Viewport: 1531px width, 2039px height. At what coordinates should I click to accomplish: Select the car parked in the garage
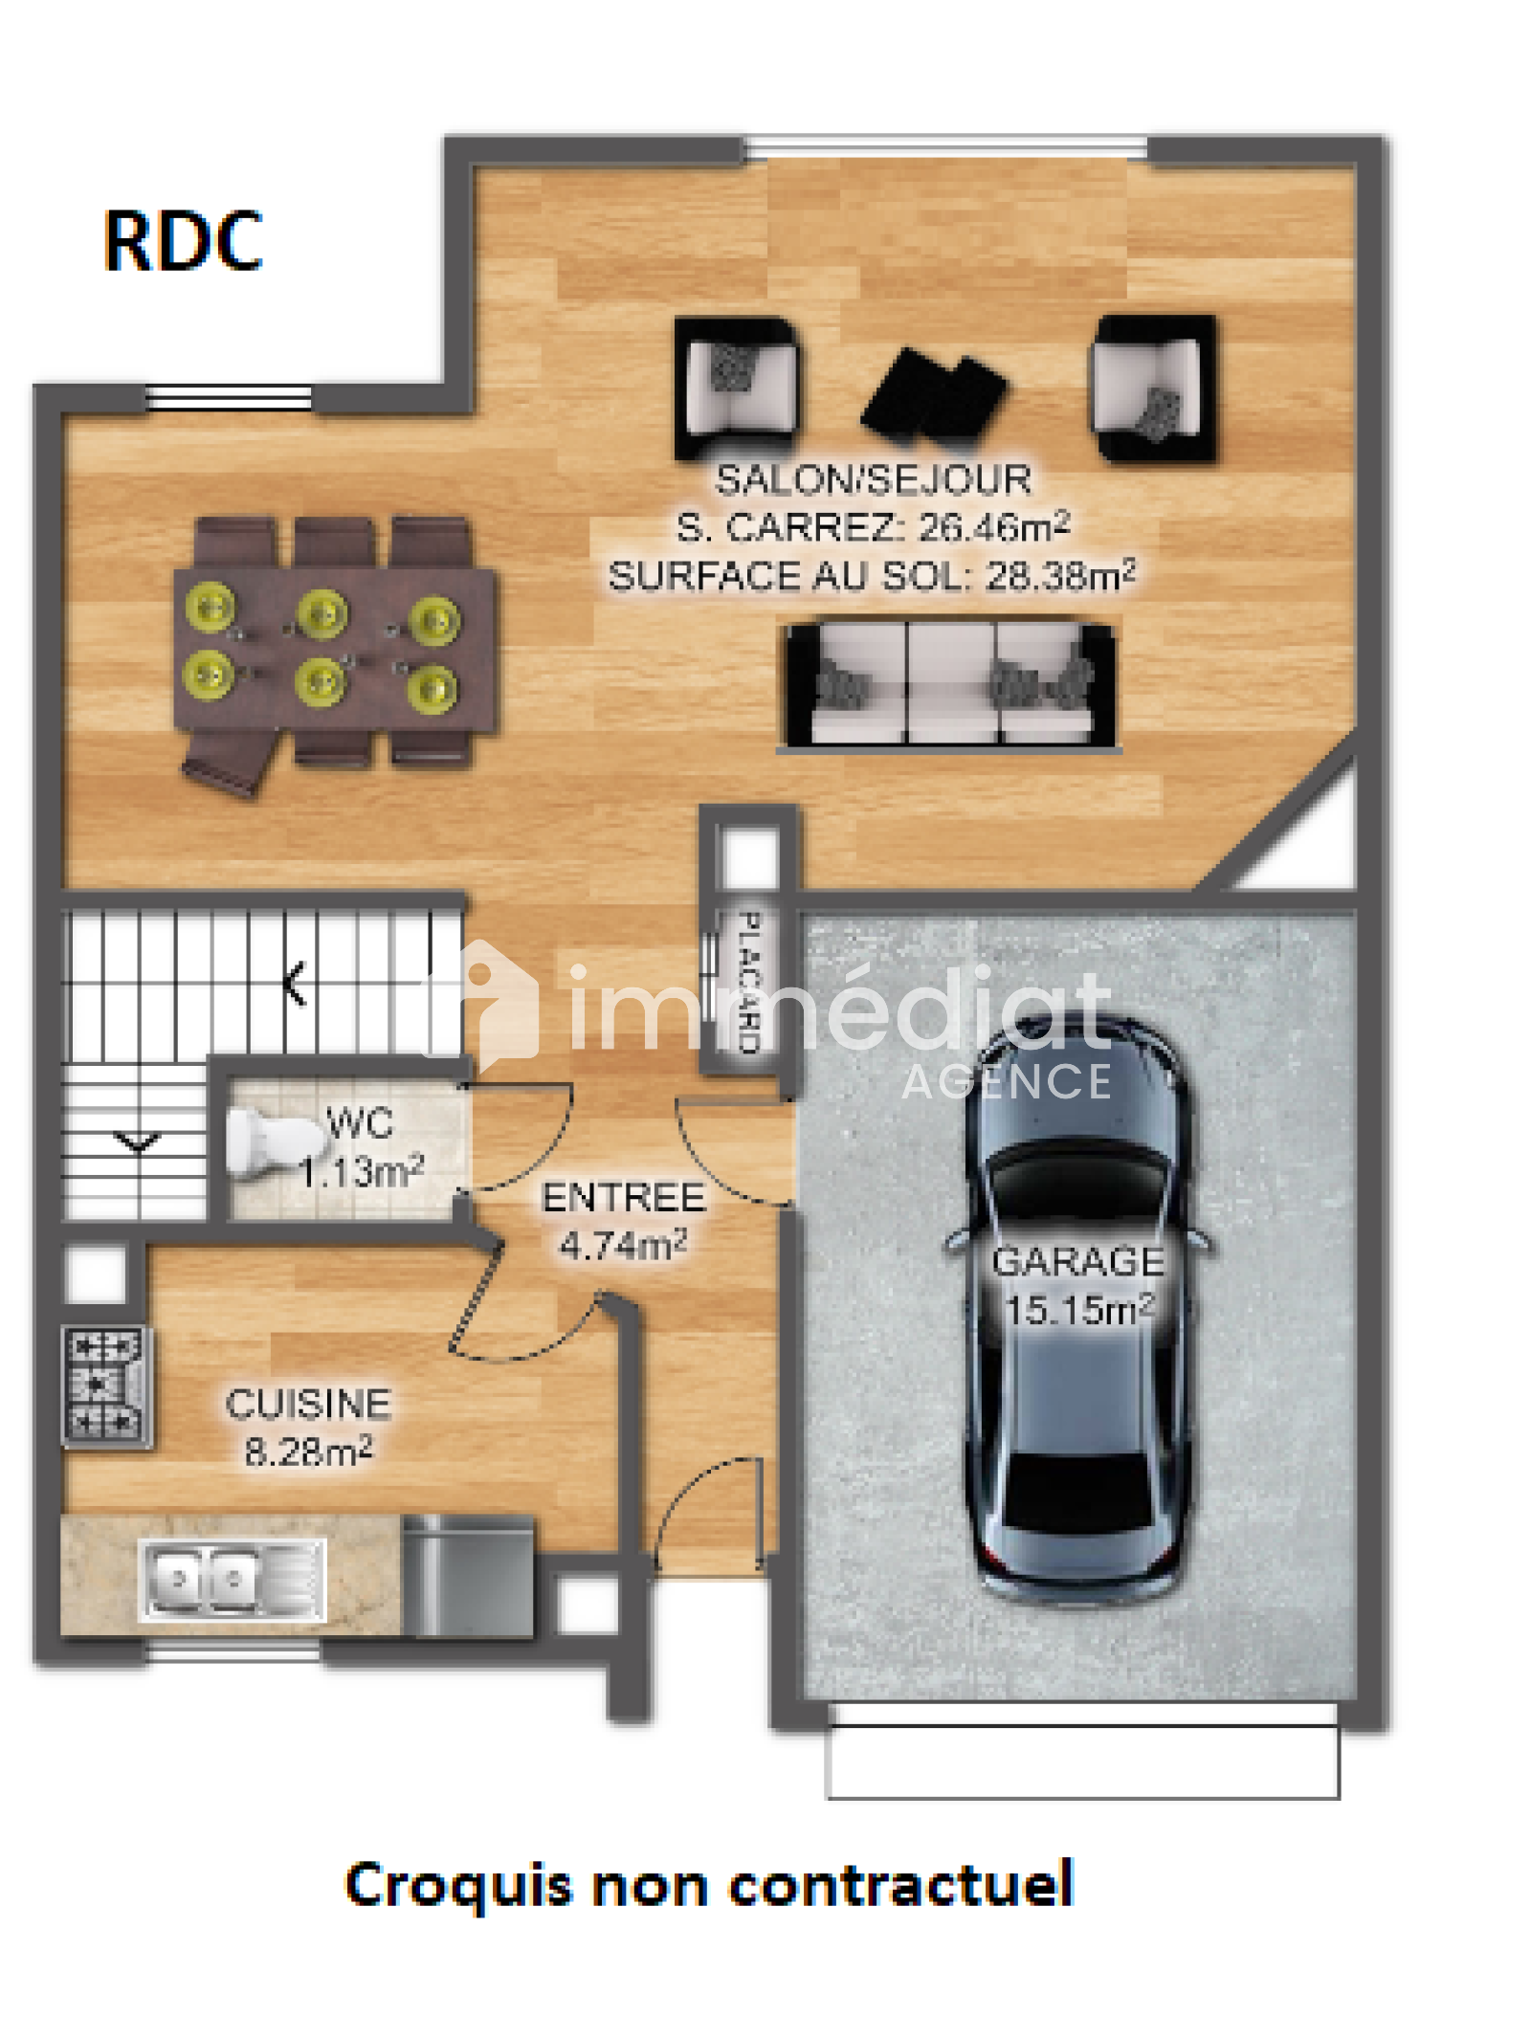1078,1308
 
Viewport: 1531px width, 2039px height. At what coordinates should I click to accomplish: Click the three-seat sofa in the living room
951,685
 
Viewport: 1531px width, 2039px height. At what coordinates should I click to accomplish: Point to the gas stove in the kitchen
106,1383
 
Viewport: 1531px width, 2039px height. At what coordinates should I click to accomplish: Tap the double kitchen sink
232,1578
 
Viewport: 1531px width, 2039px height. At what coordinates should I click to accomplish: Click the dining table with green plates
335,650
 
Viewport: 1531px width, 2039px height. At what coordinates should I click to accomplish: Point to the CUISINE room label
308,1404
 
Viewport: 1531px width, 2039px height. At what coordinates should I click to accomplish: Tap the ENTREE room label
623,1197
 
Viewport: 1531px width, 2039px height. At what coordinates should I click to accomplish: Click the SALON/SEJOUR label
873,479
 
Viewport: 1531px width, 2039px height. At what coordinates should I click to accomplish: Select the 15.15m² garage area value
1079,1309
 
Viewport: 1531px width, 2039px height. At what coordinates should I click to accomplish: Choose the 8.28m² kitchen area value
308,1452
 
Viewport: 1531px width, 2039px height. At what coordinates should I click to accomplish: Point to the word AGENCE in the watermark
1006,1082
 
